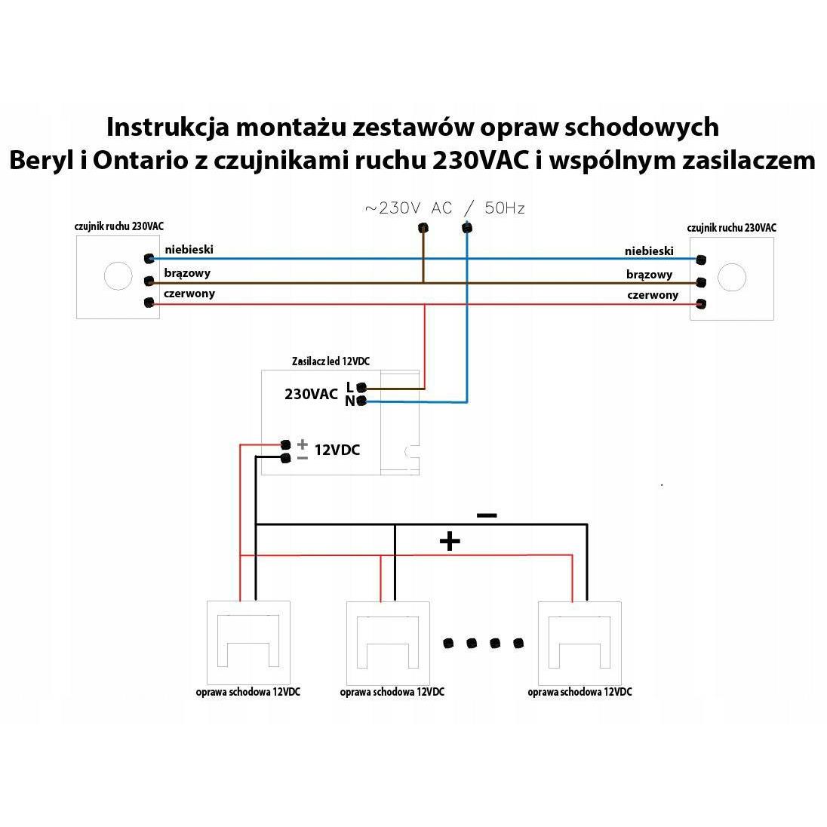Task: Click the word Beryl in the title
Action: (41, 160)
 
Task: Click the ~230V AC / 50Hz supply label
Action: (444, 208)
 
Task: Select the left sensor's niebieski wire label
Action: (189, 250)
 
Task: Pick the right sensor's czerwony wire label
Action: (653, 295)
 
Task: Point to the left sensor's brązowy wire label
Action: (187, 273)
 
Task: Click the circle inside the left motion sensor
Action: (118, 276)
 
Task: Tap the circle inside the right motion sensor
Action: (732, 277)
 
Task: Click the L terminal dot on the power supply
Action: (361, 388)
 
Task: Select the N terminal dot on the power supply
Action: (361, 401)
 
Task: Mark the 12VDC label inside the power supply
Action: (337, 450)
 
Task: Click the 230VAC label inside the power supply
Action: (311, 394)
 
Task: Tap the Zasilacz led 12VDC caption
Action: (330, 361)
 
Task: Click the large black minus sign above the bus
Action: (486, 515)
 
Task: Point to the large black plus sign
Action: (450, 541)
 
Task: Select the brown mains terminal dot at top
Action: (423, 229)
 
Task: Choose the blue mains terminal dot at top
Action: (467, 229)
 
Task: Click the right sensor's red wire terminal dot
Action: (701, 304)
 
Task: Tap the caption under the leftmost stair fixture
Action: (248, 692)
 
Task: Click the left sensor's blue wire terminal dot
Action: (149, 258)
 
